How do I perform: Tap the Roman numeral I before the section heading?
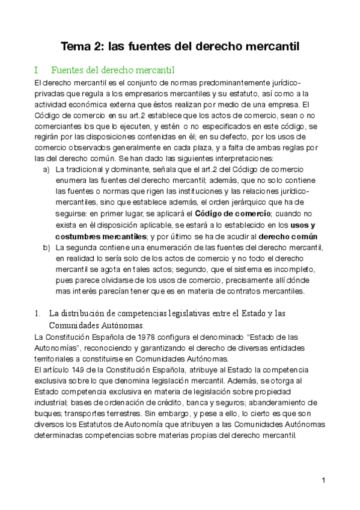[x=37, y=70]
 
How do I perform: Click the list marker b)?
[x=47, y=247]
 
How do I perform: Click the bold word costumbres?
[x=83, y=236]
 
